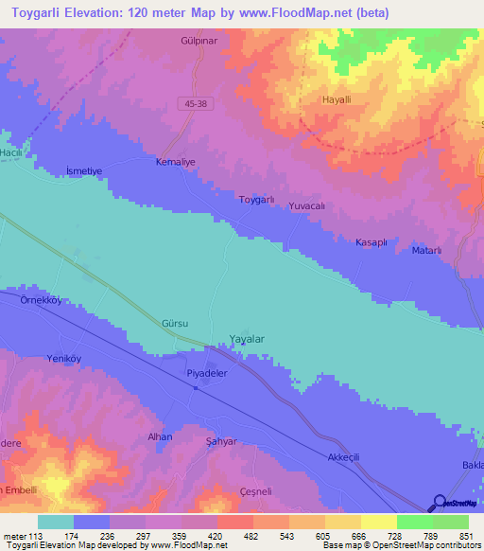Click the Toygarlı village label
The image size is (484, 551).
pos(256,200)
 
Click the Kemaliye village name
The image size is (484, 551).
pos(175,163)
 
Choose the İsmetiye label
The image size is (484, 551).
pos(82,169)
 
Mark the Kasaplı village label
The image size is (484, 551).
pos(371,243)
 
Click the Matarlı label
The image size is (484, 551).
pos(427,250)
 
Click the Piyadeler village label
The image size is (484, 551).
pos(206,374)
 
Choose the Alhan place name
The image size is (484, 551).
pos(159,437)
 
